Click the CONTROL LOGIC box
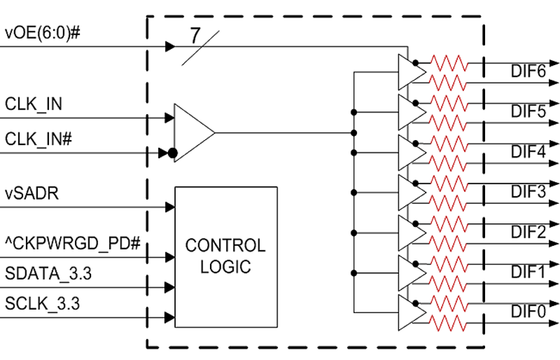click(x=226, y=257)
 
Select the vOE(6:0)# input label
click(x=42, y=34)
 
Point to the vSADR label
click(x=32, y=195)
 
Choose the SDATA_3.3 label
click(x=48, y=273)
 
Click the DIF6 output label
click(x=528, y=72)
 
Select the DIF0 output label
click(x=528, y=311)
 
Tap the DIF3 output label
click(x=528, y=192)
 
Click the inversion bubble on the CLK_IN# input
click(x=173, y=154)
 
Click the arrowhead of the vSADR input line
click(x=169, y=207)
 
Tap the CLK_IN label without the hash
click(x=33, y=104)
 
